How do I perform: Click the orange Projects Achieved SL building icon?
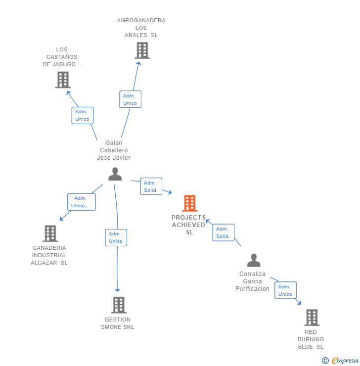189,203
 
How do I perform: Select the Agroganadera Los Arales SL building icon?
142,50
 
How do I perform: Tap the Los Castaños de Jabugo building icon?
63,80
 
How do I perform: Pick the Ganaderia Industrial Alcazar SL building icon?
50,233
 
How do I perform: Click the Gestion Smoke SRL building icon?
119,305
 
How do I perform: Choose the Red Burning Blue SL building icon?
312,318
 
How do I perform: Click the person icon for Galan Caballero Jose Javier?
115,174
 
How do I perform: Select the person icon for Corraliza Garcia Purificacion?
254,260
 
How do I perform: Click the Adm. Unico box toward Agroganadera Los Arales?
130,99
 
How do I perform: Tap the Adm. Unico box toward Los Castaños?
82,115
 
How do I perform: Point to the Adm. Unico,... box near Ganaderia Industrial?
81,202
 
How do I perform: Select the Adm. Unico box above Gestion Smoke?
116,237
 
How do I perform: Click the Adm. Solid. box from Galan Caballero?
151,186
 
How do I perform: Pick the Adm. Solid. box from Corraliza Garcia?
223,232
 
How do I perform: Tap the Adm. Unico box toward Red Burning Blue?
285,290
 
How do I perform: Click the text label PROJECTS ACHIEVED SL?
189,225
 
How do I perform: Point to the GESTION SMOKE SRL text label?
118,323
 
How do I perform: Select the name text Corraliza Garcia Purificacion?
252,281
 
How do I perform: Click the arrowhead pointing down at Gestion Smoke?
118,289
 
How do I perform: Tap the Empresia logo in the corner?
341,361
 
